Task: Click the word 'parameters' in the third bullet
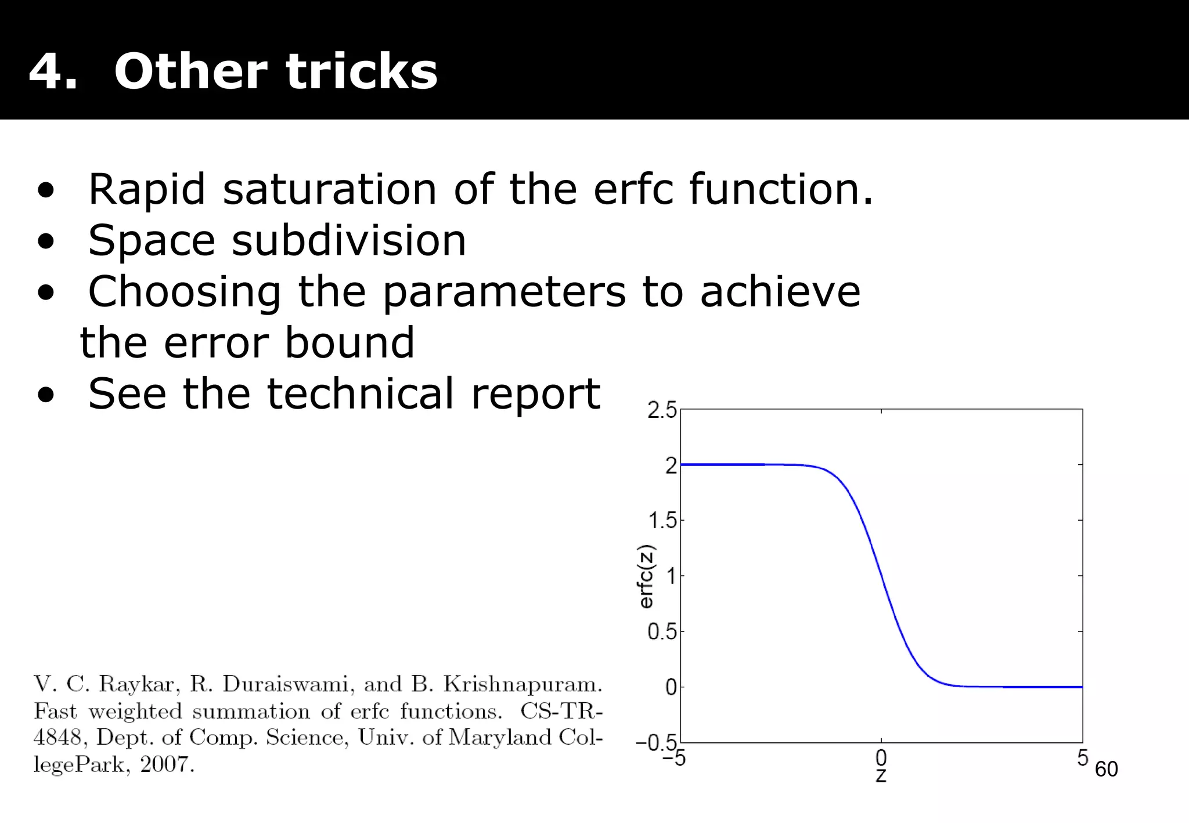504,291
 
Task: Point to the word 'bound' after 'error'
350,342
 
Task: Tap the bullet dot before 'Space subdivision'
46,241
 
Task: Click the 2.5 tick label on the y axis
662,411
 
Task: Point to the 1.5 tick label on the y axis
662,521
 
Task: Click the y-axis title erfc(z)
646,576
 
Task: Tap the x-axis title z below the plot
881,776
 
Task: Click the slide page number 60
1106,769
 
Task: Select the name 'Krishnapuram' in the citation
523,685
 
